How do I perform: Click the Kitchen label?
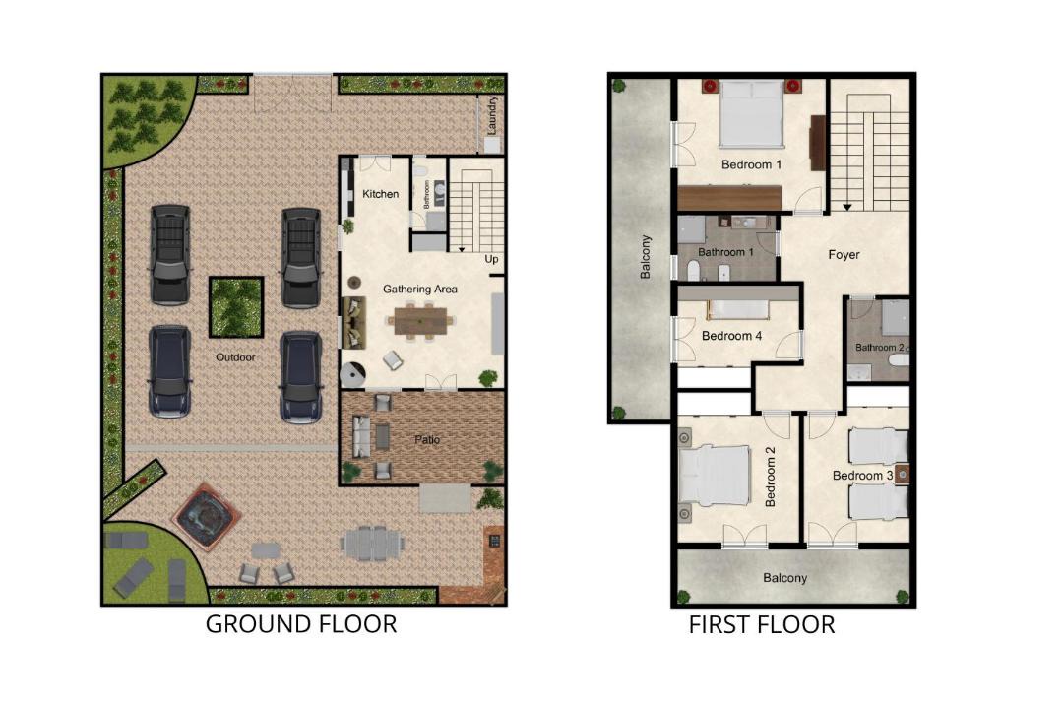tap(380, 194)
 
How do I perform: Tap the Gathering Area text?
tap(419, 290)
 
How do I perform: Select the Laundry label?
tap(493, 114)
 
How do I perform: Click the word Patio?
tap(427, 439)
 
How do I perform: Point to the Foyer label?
tap(844, 255)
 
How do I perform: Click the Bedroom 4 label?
tap(731, 336)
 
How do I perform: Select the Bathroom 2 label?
tap(879, 348)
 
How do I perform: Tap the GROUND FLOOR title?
tap(301, 624)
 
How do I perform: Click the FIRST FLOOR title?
tap(762, 625)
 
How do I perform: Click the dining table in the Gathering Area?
tap(421, 321)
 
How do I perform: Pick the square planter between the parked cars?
tap(236, 306)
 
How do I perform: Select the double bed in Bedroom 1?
tap(751, 113)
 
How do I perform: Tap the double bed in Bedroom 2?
tap(714, 476)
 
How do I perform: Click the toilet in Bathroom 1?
tap(694, 272)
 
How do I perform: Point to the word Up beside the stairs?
tap(491, 259)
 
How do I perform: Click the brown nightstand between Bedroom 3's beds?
tap(902, 475)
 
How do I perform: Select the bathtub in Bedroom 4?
tap(739, 309)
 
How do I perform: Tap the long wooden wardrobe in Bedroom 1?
tap(729, 197)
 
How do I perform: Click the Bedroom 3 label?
tap(862, 476)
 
